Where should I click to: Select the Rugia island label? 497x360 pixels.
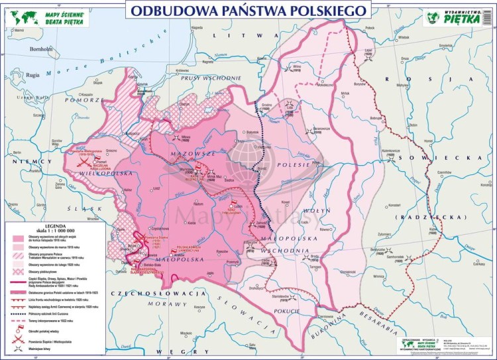tap(32, 75)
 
